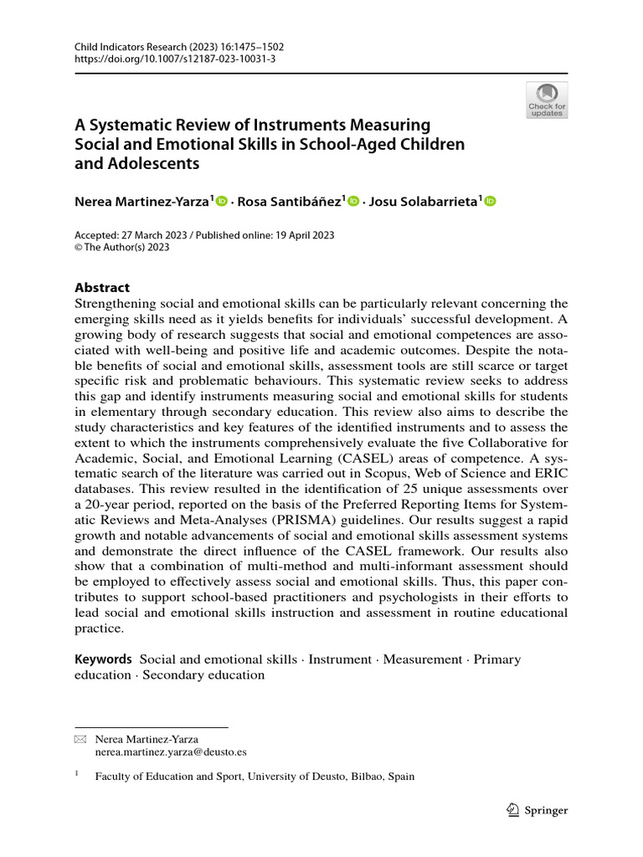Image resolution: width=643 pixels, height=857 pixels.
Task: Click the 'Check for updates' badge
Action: pos(546,100)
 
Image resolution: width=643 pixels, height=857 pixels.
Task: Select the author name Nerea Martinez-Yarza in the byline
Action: pos(144,201)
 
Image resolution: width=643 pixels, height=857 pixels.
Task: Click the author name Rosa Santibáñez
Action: pos(291,201)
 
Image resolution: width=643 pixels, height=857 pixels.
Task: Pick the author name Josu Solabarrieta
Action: pos(422,201)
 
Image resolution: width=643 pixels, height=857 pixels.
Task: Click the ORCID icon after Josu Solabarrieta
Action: pos(490,201)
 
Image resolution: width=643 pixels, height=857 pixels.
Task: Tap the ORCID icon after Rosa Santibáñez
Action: pos(352,201)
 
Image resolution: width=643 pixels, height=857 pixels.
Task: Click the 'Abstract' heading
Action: pos(102,287)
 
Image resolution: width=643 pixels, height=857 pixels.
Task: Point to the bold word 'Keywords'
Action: pos(104,659)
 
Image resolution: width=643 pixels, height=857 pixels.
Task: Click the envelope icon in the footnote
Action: pos(80,740)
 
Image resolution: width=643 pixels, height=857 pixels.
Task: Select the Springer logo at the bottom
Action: pos(538,810)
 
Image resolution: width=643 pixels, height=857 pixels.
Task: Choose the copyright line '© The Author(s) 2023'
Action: pos(123,248)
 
